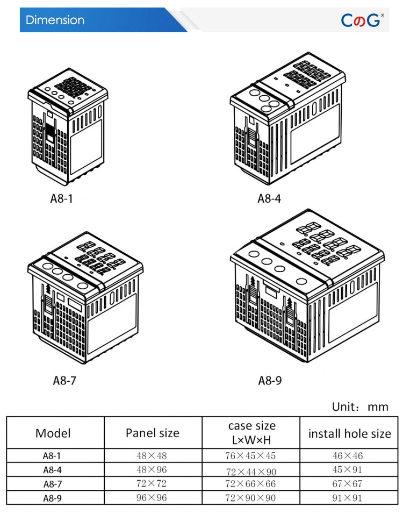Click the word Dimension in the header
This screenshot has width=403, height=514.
point(55,20)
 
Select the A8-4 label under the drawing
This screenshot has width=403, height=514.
point(269,198)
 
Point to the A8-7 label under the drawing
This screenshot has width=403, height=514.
point(64,380)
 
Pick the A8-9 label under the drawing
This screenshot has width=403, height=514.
point(270,381)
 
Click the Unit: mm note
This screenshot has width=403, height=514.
point(359,406)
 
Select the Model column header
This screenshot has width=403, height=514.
point(53,433)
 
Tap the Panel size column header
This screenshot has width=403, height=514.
point(153,433)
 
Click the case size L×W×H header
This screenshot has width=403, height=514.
point(251,433)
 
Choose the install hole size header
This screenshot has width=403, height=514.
point(349,433)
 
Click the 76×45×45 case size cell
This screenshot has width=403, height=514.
point(250,456)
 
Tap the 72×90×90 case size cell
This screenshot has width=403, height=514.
point(250,498)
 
